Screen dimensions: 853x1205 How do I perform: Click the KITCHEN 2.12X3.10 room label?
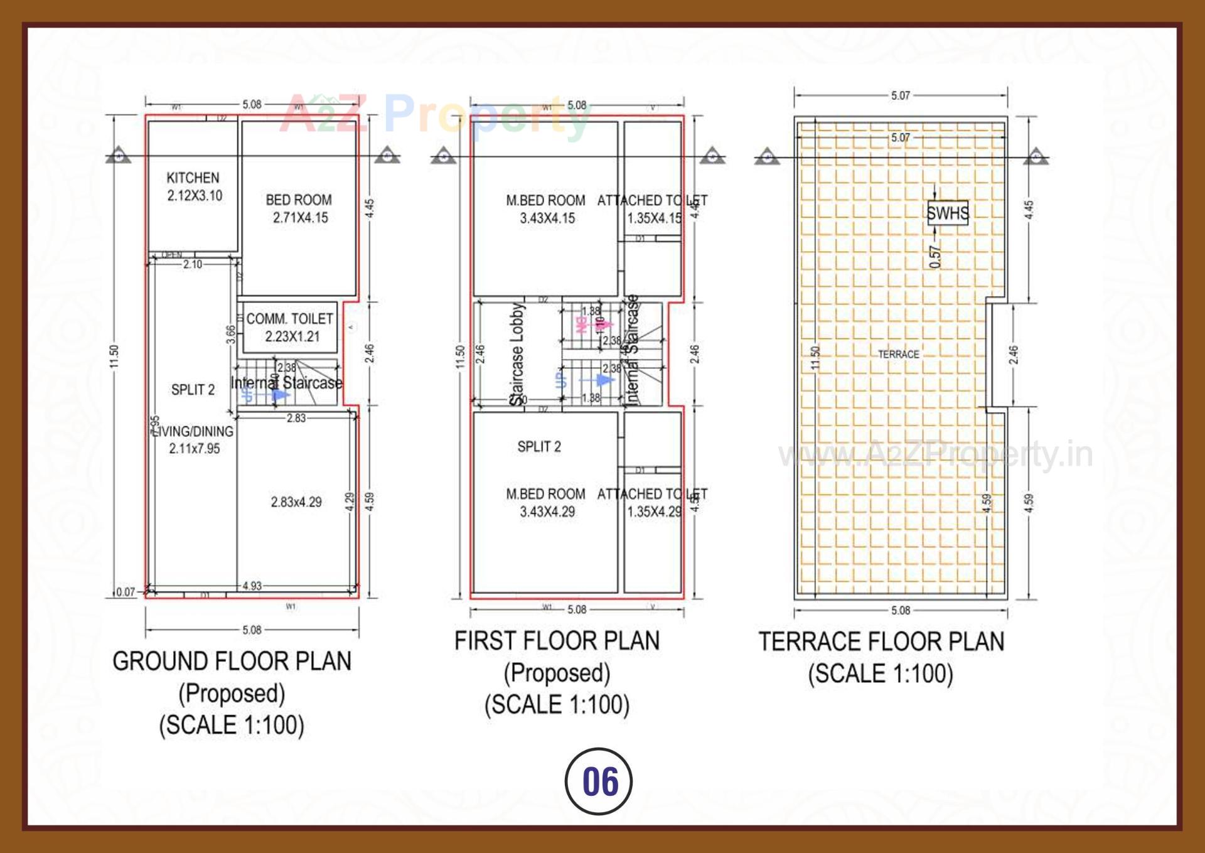(193, 186)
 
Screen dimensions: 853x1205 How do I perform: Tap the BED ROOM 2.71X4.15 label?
(299, 208)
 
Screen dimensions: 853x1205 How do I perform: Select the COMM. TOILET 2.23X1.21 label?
(290, 327)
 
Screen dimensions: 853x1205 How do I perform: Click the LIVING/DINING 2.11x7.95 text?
(193, 439)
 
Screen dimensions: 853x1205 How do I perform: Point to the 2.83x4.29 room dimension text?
(296, 502)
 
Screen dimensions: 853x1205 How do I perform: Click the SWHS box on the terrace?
(948, 213)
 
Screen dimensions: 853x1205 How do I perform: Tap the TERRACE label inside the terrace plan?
(898, 355)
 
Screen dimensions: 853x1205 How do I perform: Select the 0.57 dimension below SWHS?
(935, 257)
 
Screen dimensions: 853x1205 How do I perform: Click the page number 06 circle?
(599, 781)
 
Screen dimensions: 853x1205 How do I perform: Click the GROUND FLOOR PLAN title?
(232, 662)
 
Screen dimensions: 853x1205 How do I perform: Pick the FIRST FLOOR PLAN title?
(557, 641)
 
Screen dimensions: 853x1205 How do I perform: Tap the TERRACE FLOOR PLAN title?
(881, 641)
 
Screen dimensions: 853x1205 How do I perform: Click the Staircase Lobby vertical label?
(517, 355)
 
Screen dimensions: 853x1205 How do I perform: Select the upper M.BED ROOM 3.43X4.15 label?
(546, 209)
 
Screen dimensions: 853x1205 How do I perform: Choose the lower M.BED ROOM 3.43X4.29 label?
(546, 503)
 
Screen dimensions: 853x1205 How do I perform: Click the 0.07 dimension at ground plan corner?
(126, 592)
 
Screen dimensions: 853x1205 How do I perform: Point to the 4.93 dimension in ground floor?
(252, 586)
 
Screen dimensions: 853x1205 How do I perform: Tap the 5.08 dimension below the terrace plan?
(900, 611)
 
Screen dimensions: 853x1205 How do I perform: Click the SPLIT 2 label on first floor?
(539, 447)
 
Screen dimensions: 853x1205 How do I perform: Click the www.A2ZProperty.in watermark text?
(935, 454)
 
